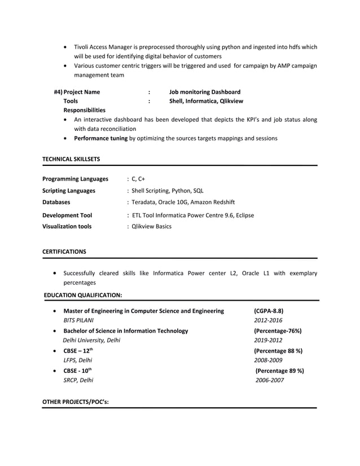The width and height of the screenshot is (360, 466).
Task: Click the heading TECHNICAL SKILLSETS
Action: [71, 160]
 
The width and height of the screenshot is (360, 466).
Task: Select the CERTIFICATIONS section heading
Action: [64, 251]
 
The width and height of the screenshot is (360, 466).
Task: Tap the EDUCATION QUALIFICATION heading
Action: [82, 294]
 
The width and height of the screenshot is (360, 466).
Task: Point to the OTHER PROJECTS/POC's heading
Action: [76, 401]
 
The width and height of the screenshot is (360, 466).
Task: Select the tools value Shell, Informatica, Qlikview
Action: [206, 101]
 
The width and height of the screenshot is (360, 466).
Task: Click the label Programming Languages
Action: [75, 179]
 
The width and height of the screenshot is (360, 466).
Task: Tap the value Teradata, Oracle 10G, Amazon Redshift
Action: [182, 202]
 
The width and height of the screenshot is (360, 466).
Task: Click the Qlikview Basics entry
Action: [151, 226]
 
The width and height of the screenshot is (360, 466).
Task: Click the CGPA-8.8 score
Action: [269, 311]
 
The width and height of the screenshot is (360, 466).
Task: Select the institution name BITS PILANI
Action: [78, 320]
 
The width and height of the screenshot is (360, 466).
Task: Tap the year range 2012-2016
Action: [268, 320]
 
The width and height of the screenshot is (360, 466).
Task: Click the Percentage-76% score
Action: [278, 331]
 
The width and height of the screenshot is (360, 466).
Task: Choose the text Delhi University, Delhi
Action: [91, 340]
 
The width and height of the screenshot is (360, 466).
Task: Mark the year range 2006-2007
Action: [270, 380]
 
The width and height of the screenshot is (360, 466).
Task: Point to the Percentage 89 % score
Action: [279, 371]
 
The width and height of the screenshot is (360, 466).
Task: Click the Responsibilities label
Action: [84, 110]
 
